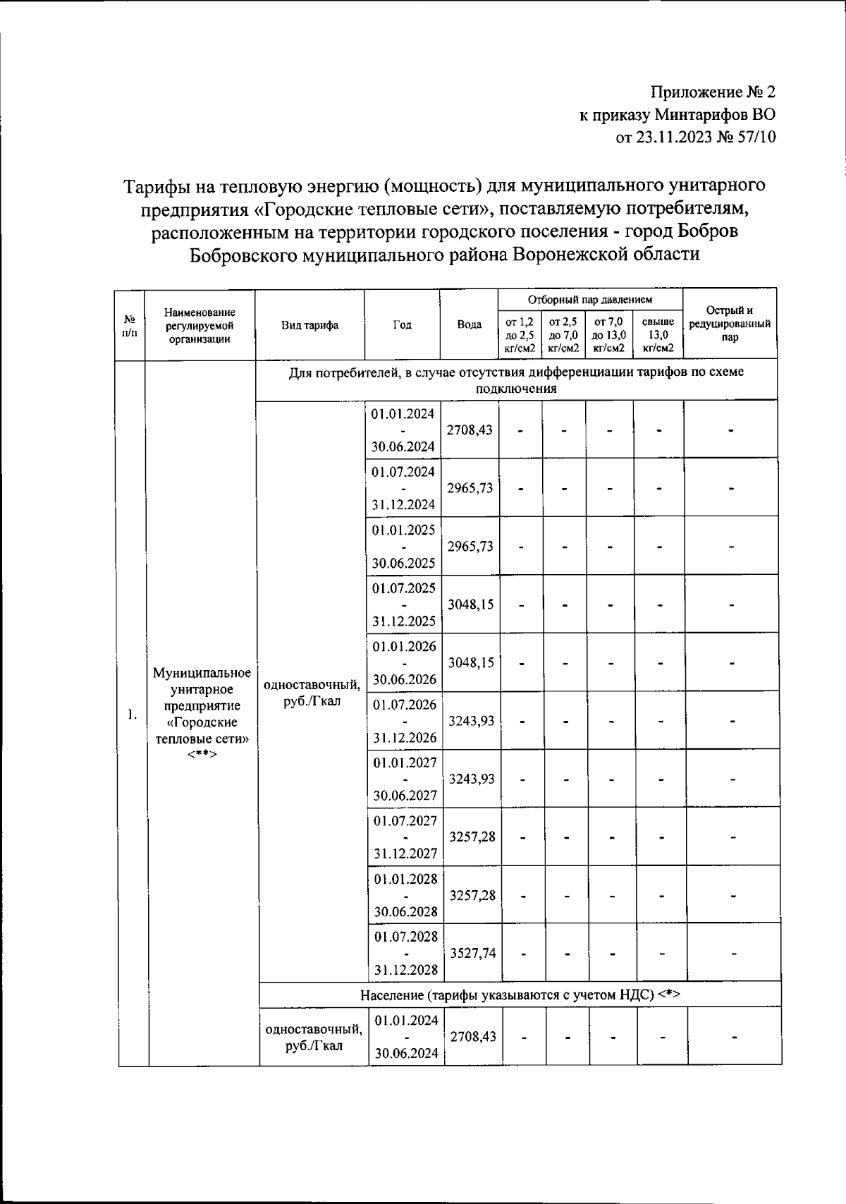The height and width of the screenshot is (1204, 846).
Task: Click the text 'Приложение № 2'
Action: coord(713,92)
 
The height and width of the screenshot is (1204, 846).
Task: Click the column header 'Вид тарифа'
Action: coord(309,325)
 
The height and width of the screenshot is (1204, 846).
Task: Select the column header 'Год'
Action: coord(402,325)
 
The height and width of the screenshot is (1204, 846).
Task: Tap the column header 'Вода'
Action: coord(469,325)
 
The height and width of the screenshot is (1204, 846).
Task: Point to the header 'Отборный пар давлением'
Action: coord(590,300)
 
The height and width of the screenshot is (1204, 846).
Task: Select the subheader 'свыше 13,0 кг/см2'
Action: coord(658,335)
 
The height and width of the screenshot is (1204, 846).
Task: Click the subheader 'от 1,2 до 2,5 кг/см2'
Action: coord(520,335)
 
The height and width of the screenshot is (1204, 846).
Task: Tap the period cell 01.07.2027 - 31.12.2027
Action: coord(405,837)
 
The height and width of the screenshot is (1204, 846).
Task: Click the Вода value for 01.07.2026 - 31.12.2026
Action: coord(472,720)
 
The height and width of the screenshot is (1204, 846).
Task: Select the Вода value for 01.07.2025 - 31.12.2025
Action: coord(471,604)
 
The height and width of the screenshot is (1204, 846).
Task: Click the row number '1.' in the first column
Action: coord(132,715)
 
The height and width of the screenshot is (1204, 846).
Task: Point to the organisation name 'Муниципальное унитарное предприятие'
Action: coord(202,689)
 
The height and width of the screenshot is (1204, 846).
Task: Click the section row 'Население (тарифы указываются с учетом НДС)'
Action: coord(519,995)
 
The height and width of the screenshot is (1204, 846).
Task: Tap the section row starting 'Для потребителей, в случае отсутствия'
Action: coord(516,379)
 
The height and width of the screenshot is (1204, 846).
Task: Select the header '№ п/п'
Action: coord(130,325)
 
